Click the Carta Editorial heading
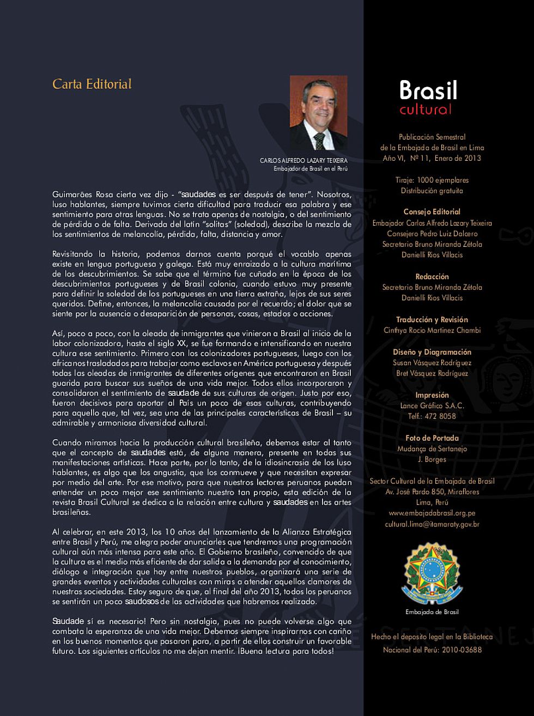pos(92,84)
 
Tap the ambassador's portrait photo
pos(318,113)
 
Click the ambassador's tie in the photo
pos(319,141)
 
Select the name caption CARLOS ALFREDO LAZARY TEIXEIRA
pos(304,161)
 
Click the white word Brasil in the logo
pos(428,90)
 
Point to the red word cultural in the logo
pos(426,109)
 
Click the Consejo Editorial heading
pos(432,212)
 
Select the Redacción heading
pos(432,277)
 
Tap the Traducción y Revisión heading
pos(432,320)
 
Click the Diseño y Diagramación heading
pos(432,352)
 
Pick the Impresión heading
pos(432,395)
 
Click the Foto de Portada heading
pos(432,438)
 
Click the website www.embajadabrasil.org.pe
pos(432,513)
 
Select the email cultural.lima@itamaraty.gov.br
pos(432,524)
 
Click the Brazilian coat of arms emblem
pos(432,573)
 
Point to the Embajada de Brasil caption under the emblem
pos(432,612)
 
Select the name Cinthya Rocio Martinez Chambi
pos(432,330)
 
